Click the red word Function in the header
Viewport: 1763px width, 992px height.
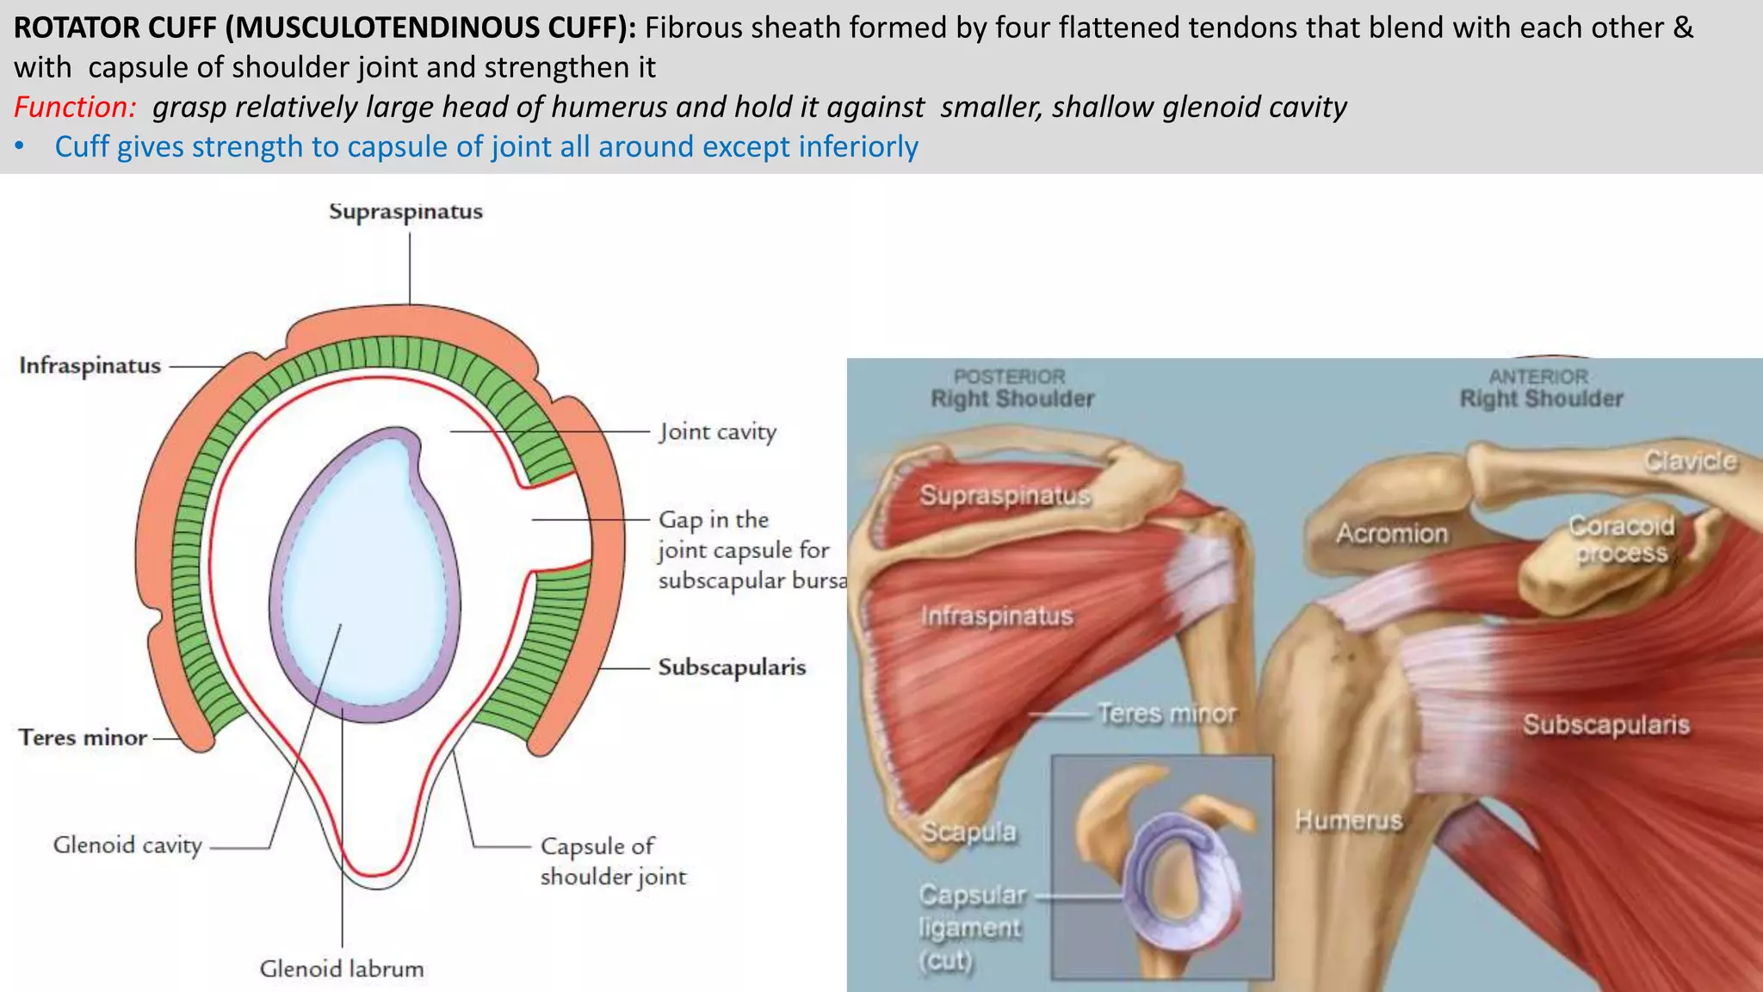(x=74, y=108)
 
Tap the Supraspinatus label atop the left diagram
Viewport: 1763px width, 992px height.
(x=405, y=212)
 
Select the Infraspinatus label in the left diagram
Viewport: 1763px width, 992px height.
(x=90, y=366)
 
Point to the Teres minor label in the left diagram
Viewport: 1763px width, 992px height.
(x=83, y=738)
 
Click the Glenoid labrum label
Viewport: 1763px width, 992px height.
(x=342, y=970)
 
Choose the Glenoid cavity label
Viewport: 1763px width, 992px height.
(x=127, y=846)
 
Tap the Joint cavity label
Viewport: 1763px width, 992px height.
(x=718, y=431)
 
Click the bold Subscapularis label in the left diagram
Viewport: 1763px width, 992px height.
(x=732, y=667)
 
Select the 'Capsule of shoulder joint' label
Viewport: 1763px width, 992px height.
(x=612, y=861)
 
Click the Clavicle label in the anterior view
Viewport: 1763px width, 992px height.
(x=1690, y=462)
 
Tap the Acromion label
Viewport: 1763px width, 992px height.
(x=1391, y=534)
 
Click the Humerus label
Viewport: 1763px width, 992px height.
(x=1348, y=821)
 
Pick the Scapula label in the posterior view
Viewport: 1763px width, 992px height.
(x=968, y=832)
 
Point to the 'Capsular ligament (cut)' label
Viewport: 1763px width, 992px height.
(x=970, y=927)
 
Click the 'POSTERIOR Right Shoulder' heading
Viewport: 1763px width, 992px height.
(x=1011, y=388)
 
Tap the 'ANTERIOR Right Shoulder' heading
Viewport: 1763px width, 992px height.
(x=1540, y=388)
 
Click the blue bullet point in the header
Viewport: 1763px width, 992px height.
(x=20, y=147)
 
